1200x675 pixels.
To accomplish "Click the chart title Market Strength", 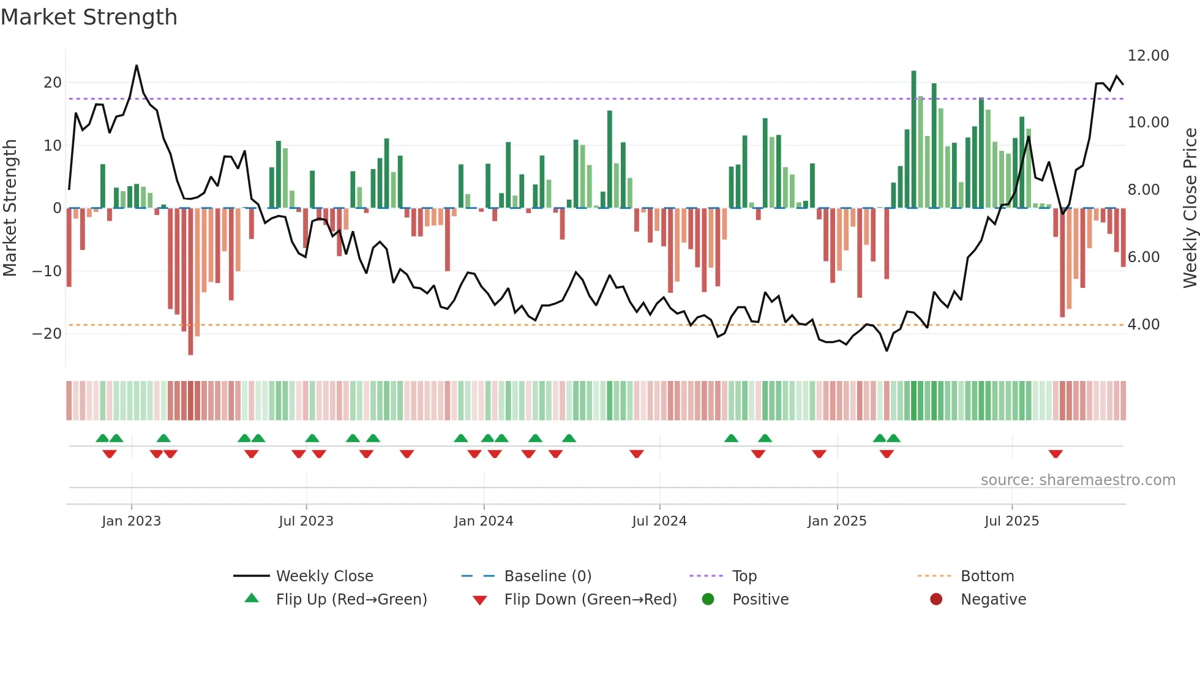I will pyautogui.click(x=89, y=17).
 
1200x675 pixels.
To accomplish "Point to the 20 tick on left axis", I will pyautogui.click(x=53, y=83).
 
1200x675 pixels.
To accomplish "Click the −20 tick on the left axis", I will pyautogui.click(x=47, y=334).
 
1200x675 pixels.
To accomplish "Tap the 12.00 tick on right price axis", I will pyautogui.click(x=1148, y=56).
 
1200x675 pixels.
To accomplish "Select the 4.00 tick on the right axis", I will pyautogui.click(x=1143, y=325).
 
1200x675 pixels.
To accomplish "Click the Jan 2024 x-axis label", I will pyautogui.click(x=483, y=521).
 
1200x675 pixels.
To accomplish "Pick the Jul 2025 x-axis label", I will pyautogui.click(x=1011, y=521).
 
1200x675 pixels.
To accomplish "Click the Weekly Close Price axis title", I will pyautogui.click(x=1190, y=208).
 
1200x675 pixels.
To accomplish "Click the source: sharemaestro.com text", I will pyautogui.click(x=1078, y=480).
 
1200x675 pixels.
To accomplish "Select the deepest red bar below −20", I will pyautogui.click(x=190, y=282).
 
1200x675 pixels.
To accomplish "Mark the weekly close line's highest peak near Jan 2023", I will pyautogui.click(x=137, y=66).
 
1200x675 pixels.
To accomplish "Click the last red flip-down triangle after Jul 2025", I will pyautogui.click(x=1055, y=454).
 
